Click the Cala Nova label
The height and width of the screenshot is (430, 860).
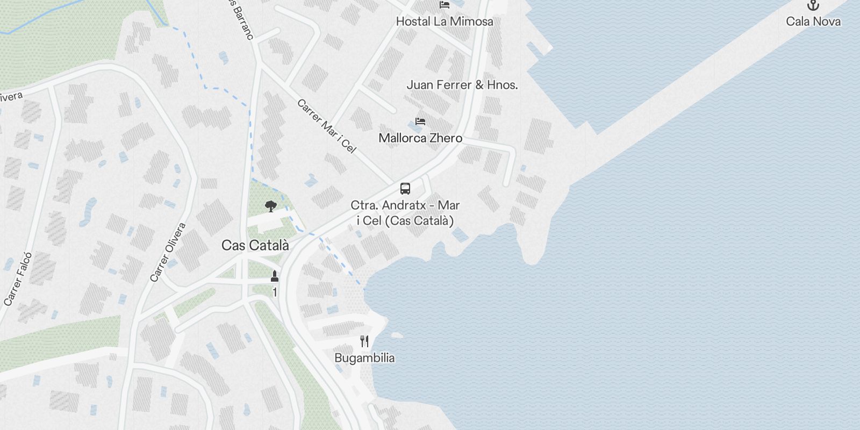pos(813,21)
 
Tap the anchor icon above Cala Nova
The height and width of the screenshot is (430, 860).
pos(813,6)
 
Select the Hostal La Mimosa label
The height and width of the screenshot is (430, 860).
pos(444,21)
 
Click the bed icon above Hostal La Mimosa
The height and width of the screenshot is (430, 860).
pos(444,5)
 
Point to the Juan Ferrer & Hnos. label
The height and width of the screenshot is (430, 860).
pos(462,84)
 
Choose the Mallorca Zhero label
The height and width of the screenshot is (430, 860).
pos(420,138)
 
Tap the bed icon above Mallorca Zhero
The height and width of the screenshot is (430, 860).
pos(420,121)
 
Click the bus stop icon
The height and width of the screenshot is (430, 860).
pos(405,189)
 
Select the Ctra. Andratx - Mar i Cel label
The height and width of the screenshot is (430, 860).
pos(405,213)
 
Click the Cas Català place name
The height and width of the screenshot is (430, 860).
pos(255,246)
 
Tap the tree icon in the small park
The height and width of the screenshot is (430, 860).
pos(271,206)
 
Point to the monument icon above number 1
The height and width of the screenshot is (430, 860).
pos(275,277)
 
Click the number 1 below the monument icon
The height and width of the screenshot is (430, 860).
pos(275,292)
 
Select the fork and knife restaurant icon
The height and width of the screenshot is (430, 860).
pos(364,341)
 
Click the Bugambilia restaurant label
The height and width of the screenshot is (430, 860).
pos(364,358)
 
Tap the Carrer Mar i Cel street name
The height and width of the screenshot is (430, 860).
pos(326,126)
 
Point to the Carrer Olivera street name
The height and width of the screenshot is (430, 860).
pos(168,252)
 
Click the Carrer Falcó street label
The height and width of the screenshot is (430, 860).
pos(18,279)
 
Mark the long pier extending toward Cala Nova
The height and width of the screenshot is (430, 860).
pos(699,81)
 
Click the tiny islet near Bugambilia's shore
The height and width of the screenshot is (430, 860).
pos(397,335)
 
